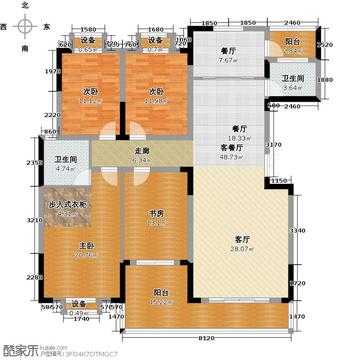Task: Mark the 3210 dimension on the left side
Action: point(33,219)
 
